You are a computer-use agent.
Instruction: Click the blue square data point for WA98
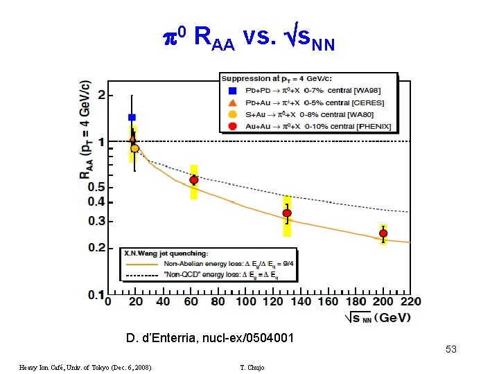(132, 117)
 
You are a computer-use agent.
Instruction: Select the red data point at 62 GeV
(194, 180)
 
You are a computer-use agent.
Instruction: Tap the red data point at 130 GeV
(287, 213)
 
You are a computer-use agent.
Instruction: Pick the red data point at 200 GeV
(383, 233)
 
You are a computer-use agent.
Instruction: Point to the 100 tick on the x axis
(246, 302)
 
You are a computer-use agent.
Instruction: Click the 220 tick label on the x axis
(411, 302)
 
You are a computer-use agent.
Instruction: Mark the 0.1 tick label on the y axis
(95, 294)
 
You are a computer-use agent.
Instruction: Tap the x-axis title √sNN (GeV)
(378, 318)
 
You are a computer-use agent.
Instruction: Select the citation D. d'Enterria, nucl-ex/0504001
(210, 338)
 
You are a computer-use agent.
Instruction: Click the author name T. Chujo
(250, 367)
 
